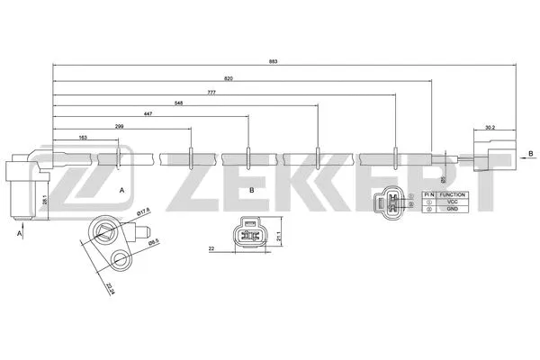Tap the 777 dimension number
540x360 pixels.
tap(211, 93)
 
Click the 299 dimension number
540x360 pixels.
tap(120, 127)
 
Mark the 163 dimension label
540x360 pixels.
tap(83, 138)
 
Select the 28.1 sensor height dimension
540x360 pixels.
tap(44, 203)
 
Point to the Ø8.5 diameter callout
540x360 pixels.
tap(155, 241)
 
